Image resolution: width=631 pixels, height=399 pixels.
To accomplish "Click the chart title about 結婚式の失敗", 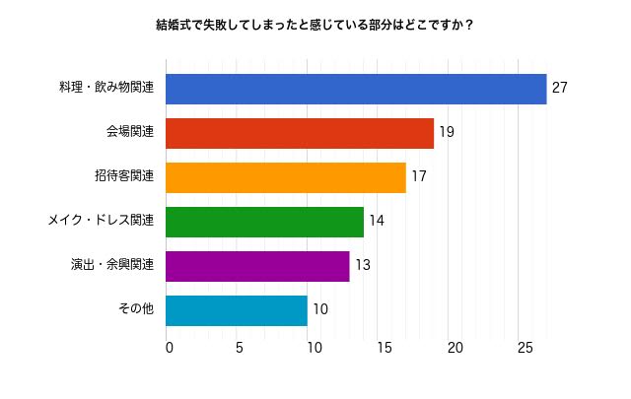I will tap(315, 23).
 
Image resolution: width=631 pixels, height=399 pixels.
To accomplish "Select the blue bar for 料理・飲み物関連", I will tap(356, 89).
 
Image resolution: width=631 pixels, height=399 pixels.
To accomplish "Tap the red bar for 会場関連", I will tap(300, 133).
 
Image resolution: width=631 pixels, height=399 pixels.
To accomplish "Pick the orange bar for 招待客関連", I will tap(286, 177).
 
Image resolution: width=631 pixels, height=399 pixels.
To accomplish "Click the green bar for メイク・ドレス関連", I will tap(264, 222).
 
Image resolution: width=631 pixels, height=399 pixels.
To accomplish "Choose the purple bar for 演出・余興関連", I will tap(257, 266).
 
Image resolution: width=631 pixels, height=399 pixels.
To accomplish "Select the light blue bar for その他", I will tap(237, 310).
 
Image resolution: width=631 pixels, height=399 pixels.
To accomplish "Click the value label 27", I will tap(560, 89).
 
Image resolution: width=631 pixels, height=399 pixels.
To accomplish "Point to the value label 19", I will tap(447, 133).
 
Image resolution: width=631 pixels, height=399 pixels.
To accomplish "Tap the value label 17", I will tap(418, 177).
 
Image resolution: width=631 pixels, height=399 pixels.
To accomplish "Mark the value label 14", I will tap(376, 222).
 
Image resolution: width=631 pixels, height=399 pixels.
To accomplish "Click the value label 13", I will tap(362, 266).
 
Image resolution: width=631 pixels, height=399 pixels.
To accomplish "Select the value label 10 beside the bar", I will tap(319, 310).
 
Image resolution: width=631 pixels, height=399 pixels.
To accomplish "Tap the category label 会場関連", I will tap(130, 133).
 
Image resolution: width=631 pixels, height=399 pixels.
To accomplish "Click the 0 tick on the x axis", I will tap(170, 348).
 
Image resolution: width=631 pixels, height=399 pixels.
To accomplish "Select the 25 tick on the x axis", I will tap(525, 348).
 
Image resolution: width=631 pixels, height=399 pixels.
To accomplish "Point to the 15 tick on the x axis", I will tap(383, 348).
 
